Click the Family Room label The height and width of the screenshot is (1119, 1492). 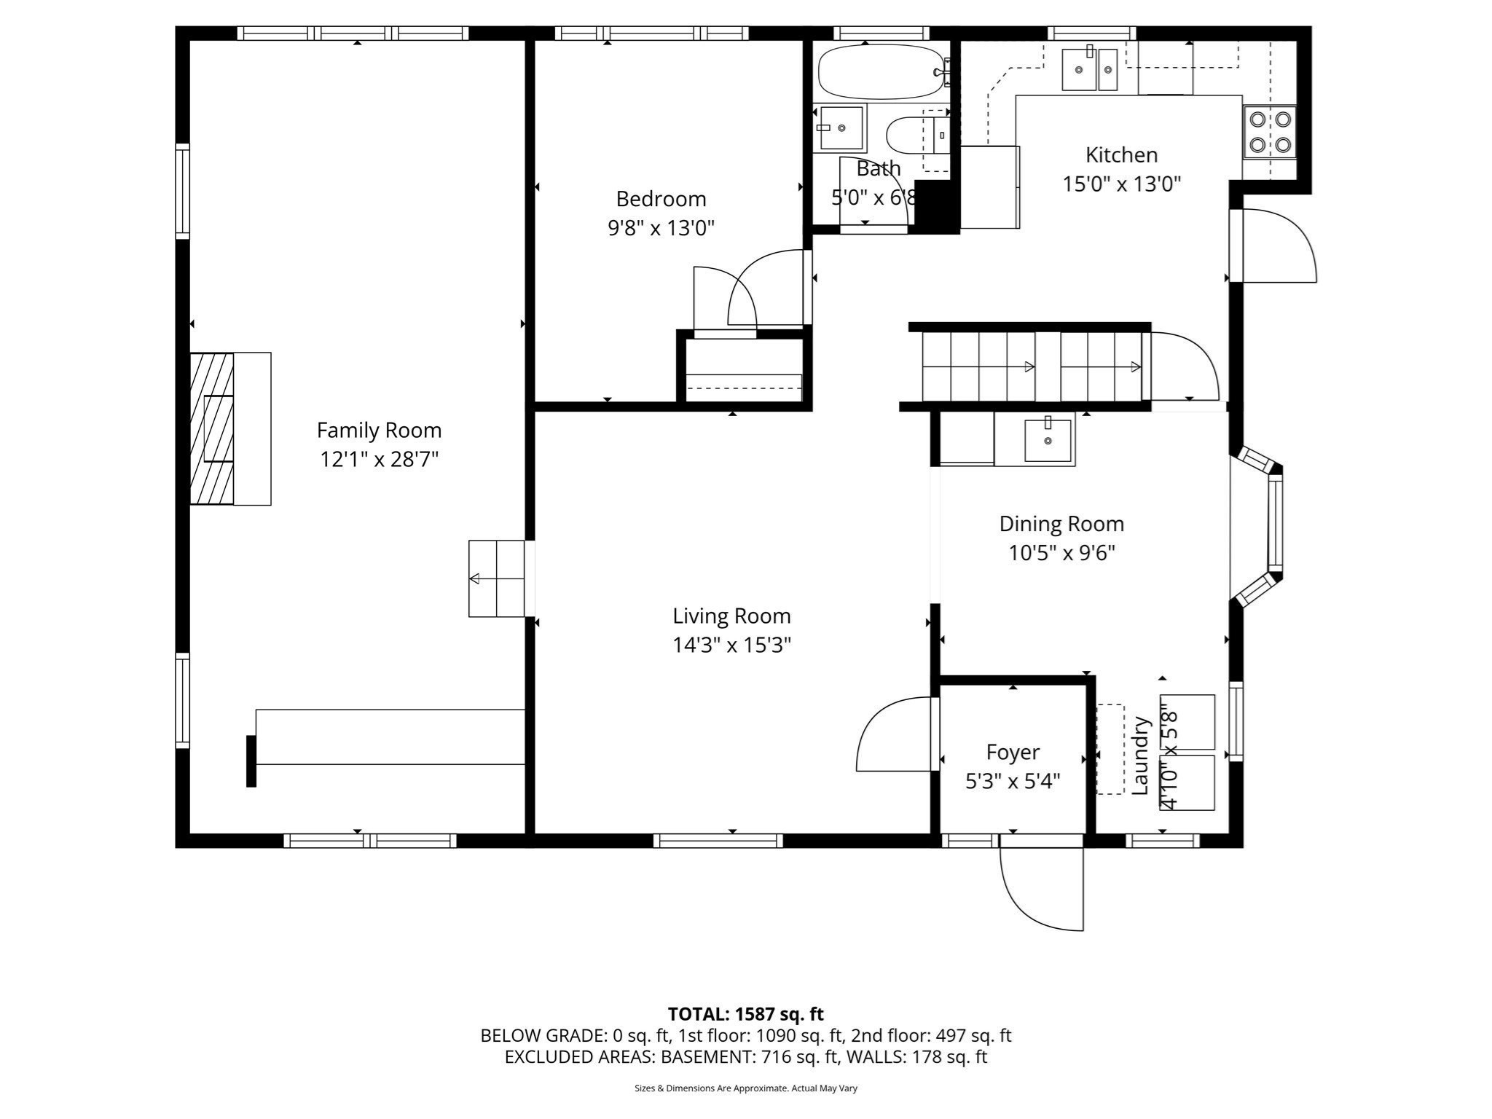379,431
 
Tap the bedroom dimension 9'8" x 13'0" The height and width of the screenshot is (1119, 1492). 661,228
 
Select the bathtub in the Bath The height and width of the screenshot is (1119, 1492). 880,72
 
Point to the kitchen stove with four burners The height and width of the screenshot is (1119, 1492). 1270,131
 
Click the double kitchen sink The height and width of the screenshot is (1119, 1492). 1089,70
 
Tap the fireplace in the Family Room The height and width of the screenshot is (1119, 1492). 212,428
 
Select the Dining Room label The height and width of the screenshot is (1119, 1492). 1061,524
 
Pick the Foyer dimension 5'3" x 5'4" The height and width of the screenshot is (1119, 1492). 1012,781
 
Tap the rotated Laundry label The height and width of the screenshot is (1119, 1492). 1140,755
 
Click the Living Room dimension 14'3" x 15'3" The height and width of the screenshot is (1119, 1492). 731,645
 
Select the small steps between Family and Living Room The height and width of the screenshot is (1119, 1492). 497,578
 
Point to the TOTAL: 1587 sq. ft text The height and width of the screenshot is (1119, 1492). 745,1014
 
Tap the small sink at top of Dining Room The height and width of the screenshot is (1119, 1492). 1048,440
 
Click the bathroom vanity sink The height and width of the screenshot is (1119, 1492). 841,128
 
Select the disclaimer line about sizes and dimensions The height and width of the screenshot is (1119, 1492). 745,1088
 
